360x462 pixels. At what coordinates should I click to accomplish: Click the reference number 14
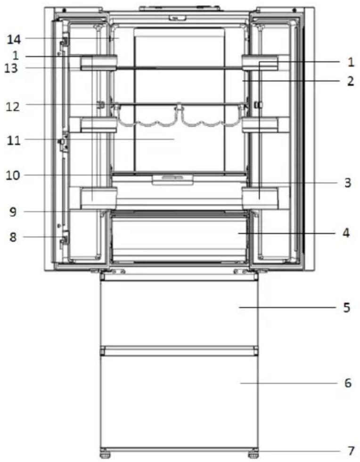[x=14, y=39]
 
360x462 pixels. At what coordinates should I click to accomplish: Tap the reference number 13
[x=11, y=68]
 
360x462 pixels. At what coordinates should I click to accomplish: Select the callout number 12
[x=13, y=106]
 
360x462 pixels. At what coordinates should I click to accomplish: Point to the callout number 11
[x=14, y=140]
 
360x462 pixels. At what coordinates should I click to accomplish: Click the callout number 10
[x=13, y=175]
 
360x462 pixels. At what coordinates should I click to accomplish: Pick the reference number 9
[x=13, y=212]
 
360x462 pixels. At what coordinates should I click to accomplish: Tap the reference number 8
[x=13, y=237]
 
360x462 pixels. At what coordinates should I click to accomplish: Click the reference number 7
[x=351, y=451]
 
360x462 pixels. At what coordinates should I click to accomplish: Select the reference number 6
[x=348, y=383]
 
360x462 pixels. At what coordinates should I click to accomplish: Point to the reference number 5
[x=347, y=308]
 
